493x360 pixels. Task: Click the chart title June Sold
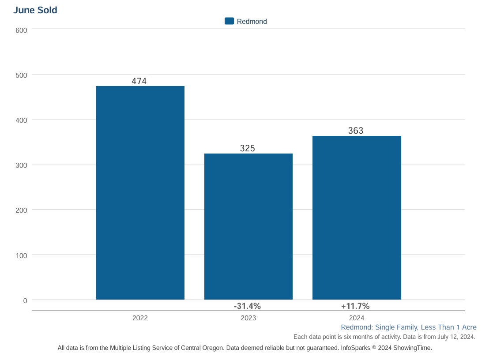point(35,10)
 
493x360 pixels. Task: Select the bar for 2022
point(140,193)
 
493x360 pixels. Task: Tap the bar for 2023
point(248,226)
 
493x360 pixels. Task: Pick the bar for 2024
point(357,217)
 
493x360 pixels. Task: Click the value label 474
point(139,81)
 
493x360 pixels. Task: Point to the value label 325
point(248,149)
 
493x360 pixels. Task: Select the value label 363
point(356,131)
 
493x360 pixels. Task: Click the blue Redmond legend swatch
point(229,21)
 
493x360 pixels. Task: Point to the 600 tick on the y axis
point(22,30)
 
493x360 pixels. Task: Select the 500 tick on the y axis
point(22,75)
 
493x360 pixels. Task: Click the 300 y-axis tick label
point(22,165)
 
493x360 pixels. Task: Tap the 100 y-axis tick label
point(22,255)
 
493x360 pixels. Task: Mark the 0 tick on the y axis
point(25,300)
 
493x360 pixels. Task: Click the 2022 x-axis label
point(140,318)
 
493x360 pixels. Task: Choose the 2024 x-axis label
point(357,318)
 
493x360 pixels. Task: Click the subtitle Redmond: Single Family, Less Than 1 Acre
point(409,327)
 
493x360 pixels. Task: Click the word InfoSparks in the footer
point(355,348)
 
